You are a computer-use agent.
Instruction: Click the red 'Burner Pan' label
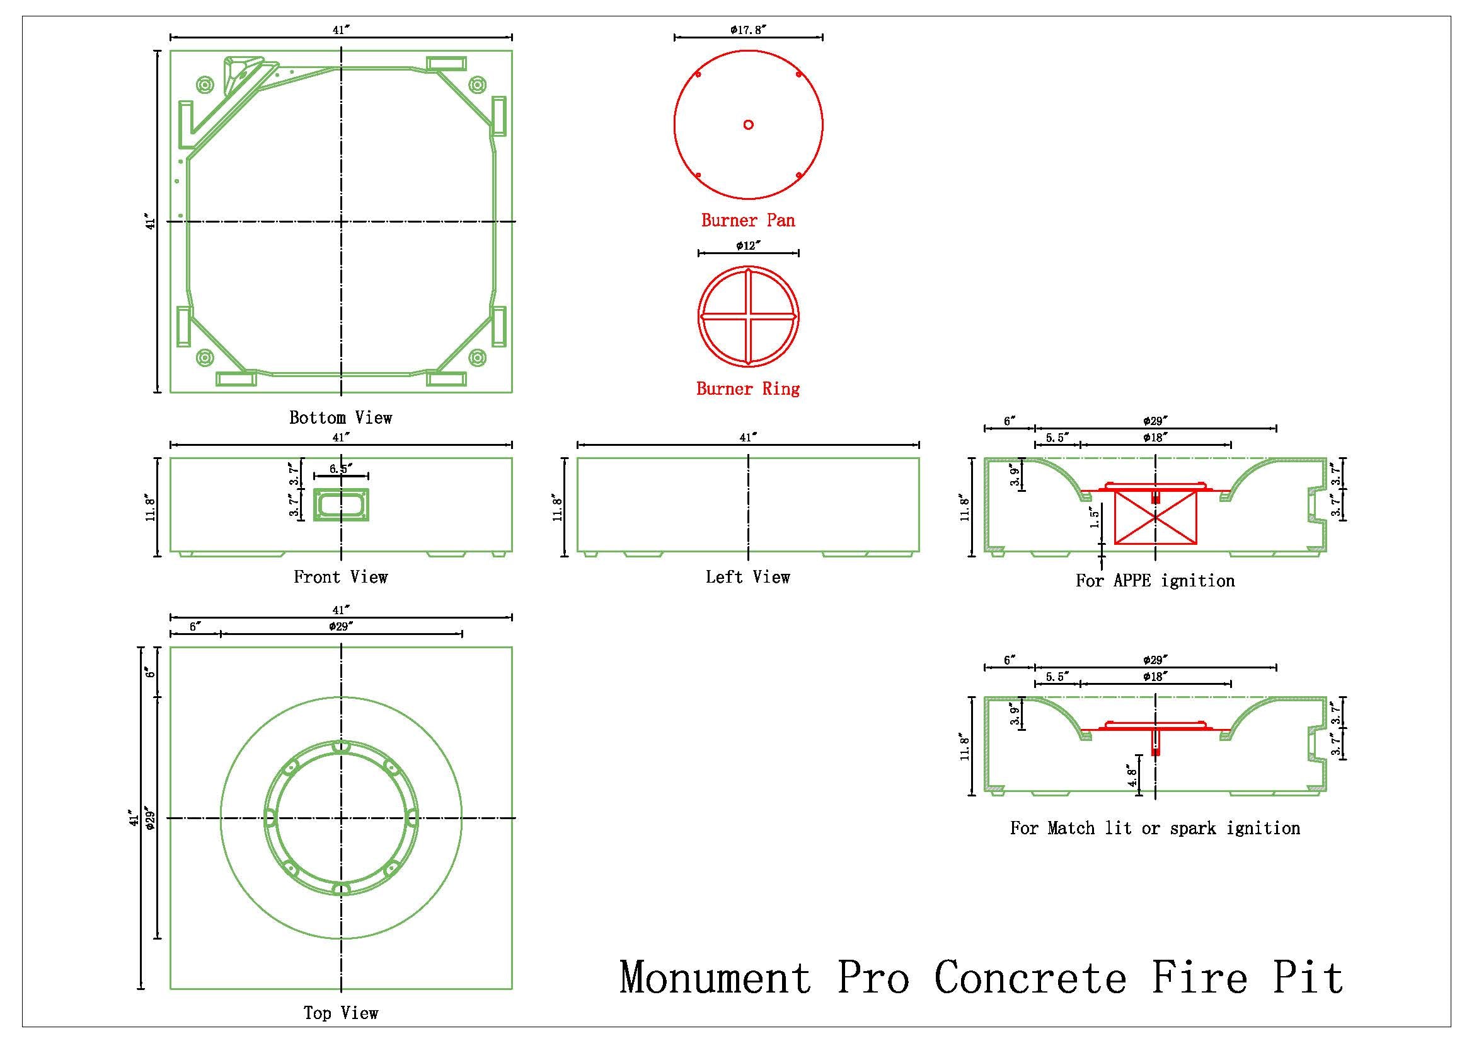click(x=748, y=220)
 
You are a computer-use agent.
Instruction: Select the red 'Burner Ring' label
click(x=748, y=388)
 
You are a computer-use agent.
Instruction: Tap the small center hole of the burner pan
click(x=748, y=125)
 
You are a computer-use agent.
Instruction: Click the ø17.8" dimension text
click(x=749, y=30)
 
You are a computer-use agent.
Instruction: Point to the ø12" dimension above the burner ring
click(x=749, y=245)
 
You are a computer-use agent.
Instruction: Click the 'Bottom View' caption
click(x=340, y=418)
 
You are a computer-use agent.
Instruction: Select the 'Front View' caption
click(x=340, y=577)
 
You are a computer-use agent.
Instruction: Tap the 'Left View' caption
click(x=748, y=577)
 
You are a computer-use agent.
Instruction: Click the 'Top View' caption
click(x=340, y=1013)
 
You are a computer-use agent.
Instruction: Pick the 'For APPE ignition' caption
click(x=1155, y=581)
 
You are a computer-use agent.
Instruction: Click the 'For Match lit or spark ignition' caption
click(x=1155, y=828)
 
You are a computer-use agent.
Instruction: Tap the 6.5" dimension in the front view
click(x=341, y=469)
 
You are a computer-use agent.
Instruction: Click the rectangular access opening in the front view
click(x=341, y=504)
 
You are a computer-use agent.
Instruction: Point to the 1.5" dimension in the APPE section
click(x=1095, y=516)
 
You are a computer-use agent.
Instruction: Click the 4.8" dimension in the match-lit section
click(x=1131, y=778)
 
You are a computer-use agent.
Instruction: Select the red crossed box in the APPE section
click(x=1156, y=517)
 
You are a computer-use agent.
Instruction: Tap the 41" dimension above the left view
click(x=748, y=438)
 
